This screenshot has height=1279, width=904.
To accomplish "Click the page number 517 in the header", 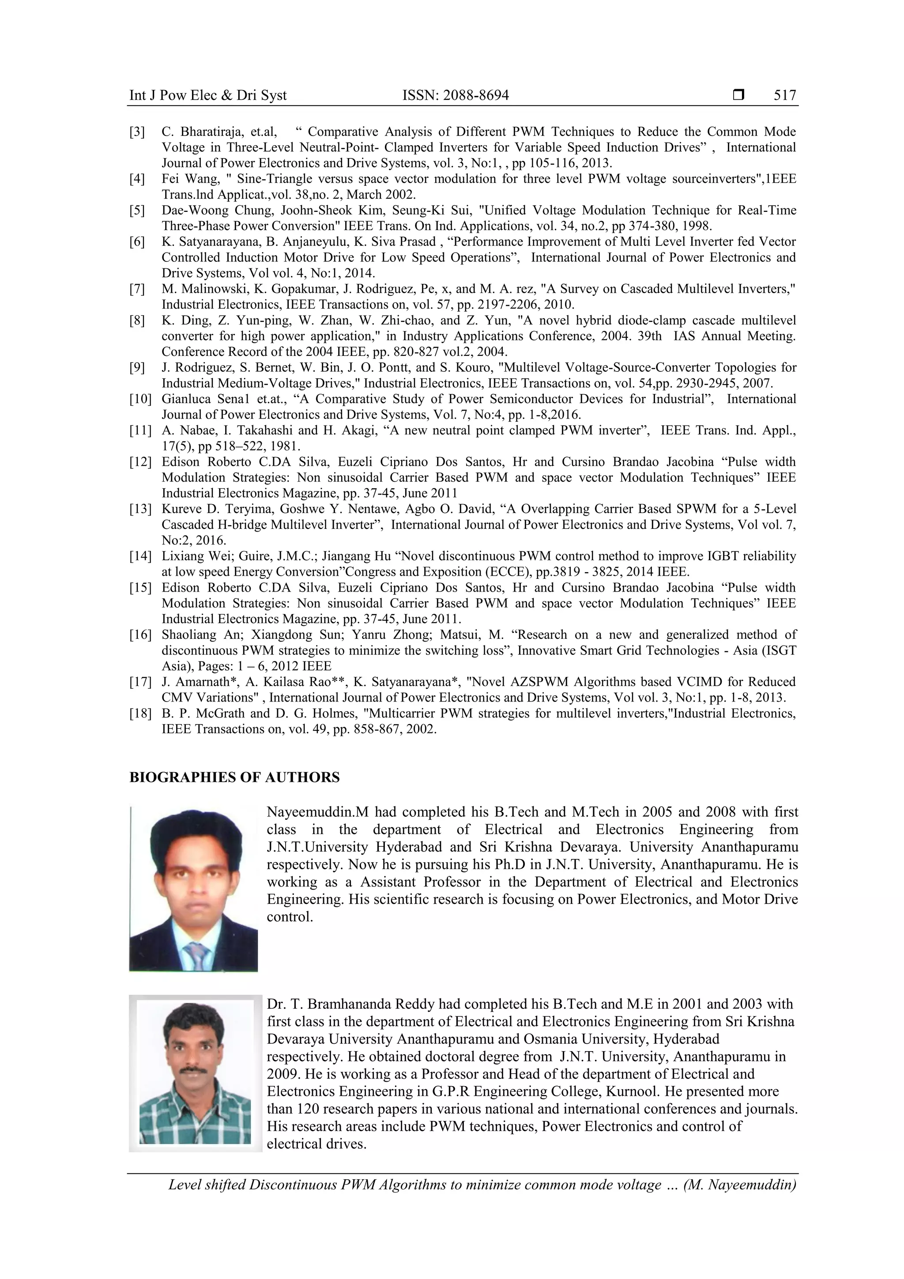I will (785, 95).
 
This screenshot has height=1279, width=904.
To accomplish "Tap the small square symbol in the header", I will (738, 94).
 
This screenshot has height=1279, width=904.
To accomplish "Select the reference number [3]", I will (137, 132).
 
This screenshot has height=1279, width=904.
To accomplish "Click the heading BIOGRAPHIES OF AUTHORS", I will (234, 777).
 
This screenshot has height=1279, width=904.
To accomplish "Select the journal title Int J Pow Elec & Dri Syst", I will (208, 95).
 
